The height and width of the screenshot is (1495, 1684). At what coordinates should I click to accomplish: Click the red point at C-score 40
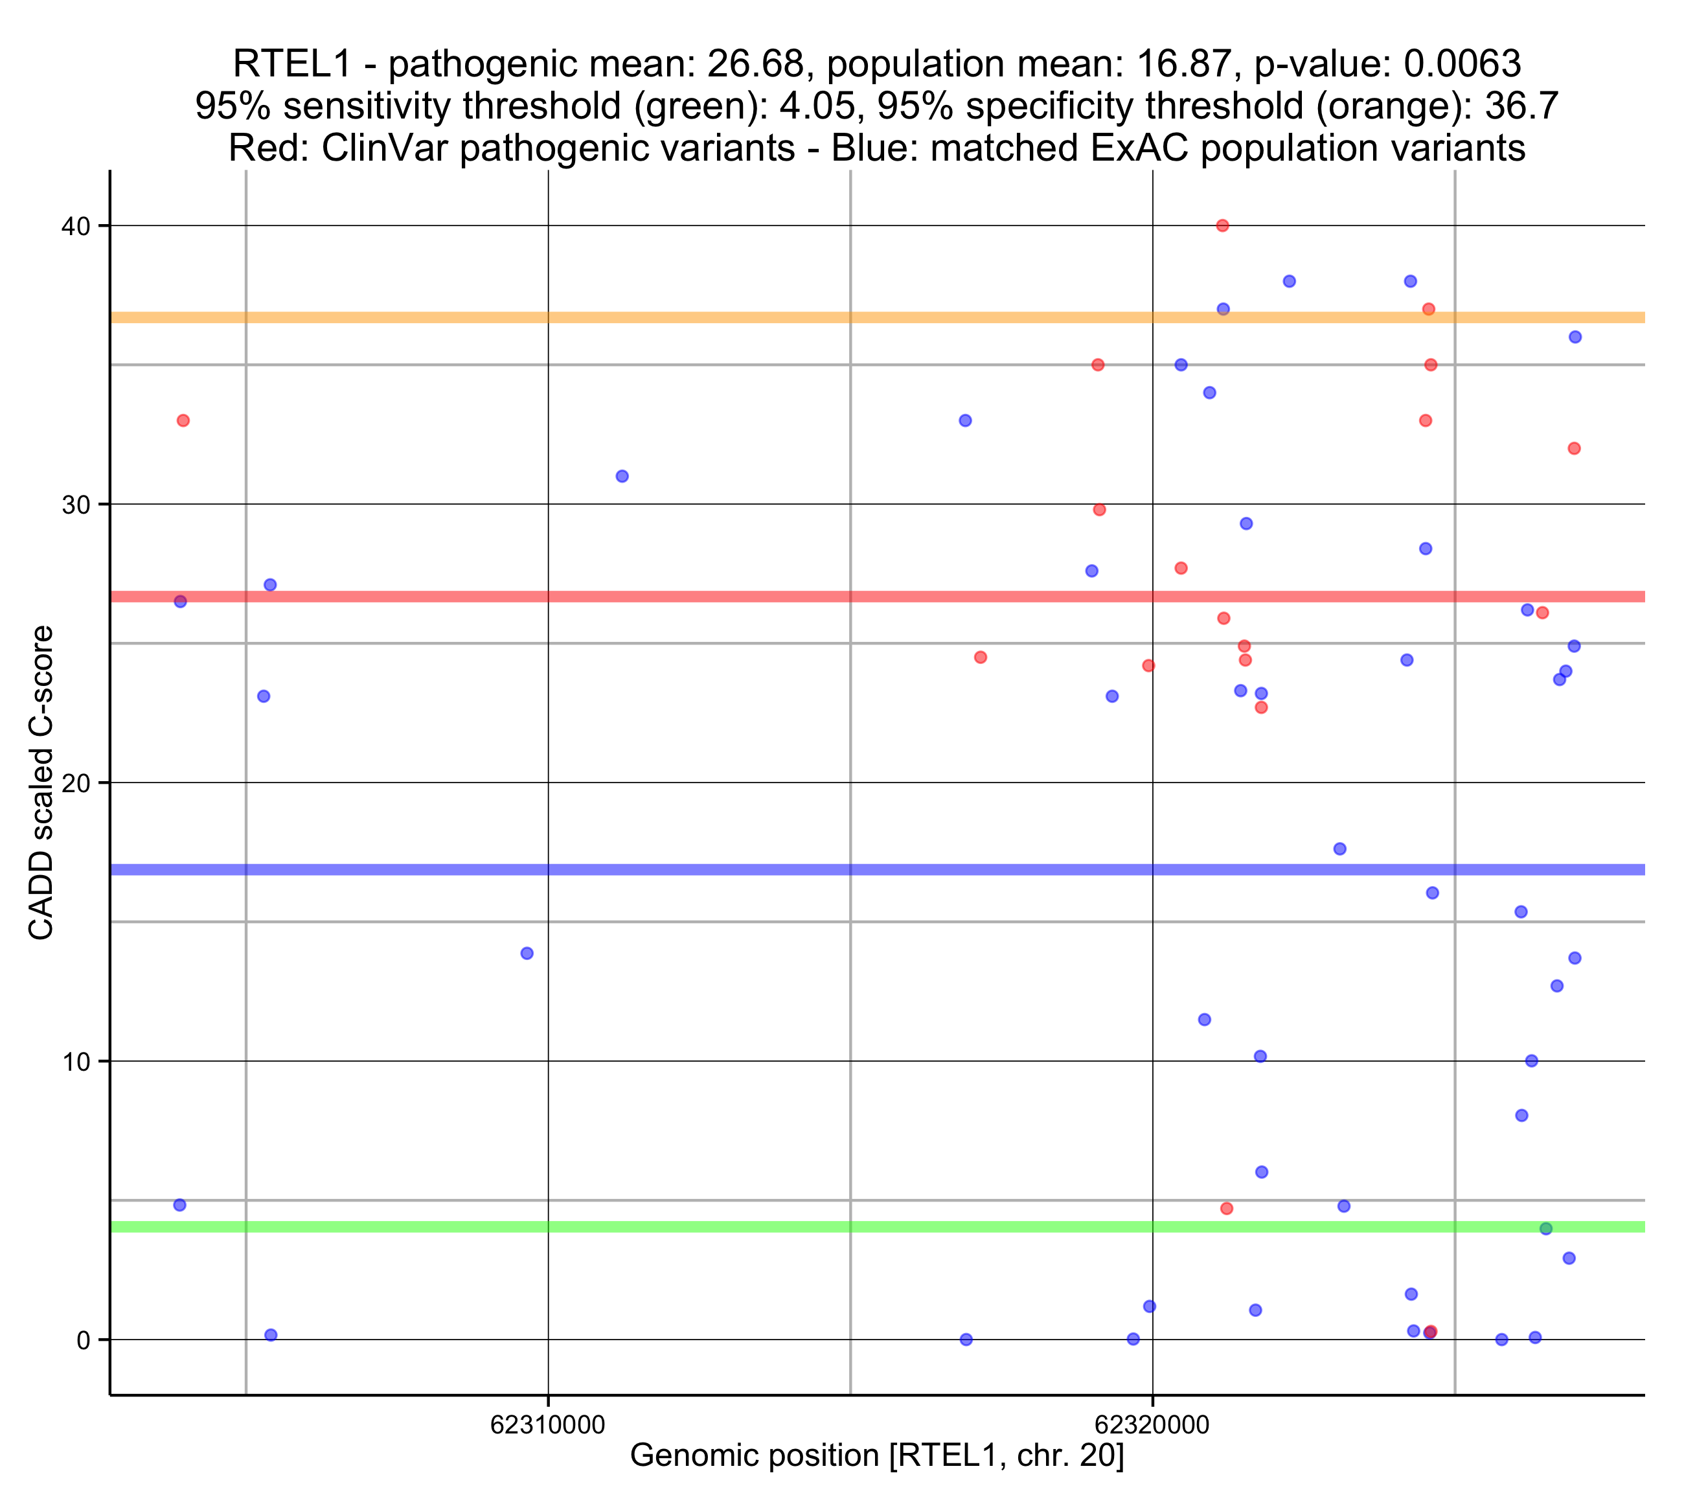coord(1223,226)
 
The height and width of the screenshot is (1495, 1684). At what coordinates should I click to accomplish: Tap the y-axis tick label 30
coord(76,505)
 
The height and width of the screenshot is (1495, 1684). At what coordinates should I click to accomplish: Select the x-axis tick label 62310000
coord(548,1424)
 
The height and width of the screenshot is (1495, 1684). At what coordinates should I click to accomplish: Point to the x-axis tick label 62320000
coord(1152,1424)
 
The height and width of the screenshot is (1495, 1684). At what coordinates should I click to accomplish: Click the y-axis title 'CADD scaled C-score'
coord(41,783)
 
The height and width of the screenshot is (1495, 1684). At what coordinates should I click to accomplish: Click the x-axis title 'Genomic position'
coord(876,1455)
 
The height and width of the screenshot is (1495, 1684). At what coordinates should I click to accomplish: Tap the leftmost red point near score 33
coord(183,421)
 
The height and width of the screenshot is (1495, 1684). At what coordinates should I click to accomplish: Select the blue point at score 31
coord(622,476)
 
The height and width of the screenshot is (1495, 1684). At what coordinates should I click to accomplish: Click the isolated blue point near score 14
coord(527,953)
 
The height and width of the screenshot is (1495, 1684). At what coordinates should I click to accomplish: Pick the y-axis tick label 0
coord(83,1340)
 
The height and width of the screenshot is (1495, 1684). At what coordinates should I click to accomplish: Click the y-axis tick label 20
coord(76,783)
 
